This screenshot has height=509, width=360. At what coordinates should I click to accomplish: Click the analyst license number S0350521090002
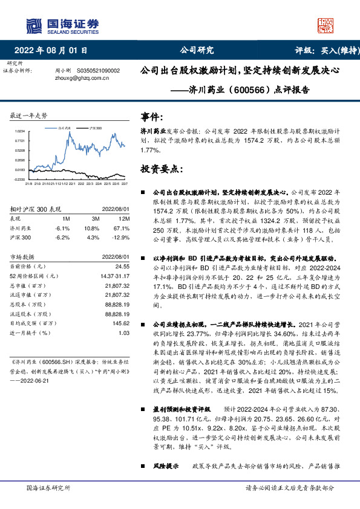(98, 71)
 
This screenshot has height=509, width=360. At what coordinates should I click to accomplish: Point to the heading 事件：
(151, 117)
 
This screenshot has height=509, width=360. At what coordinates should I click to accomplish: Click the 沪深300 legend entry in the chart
(94, 129)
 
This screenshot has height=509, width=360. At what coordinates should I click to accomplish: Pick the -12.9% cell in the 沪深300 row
(122, 238)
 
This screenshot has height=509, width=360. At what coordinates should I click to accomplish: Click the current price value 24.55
(122, 267)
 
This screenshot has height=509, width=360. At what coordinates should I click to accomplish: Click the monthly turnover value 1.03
(124, 333)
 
